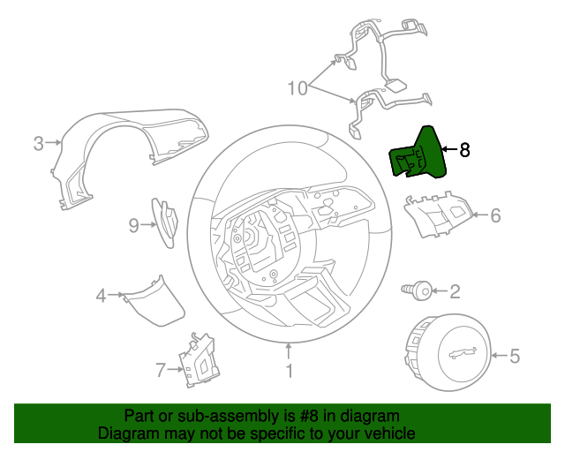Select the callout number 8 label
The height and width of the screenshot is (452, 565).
(464, 149)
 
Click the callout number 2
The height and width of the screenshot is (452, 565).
(456, 291)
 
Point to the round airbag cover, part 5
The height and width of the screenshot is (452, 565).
(448, 351)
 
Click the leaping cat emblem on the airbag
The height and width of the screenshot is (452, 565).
(463, 353)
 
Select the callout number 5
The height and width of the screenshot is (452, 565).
(515, 356)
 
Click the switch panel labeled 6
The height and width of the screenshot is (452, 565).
(437, 215)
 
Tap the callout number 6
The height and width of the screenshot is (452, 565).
(495, 215)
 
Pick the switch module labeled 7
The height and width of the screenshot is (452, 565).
(199, 360)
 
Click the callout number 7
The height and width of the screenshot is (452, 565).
(161, 370)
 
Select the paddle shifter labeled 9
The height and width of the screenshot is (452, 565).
(165, 223)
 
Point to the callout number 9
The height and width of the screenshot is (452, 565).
(133, 226)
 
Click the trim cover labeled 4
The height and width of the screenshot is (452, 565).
(153, 301)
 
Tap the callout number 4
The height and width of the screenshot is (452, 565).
(101, 296)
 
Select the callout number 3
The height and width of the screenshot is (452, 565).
(39, 143)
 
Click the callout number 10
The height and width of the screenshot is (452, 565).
(298, 88)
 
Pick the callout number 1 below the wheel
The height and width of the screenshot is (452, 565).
(289, 371)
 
